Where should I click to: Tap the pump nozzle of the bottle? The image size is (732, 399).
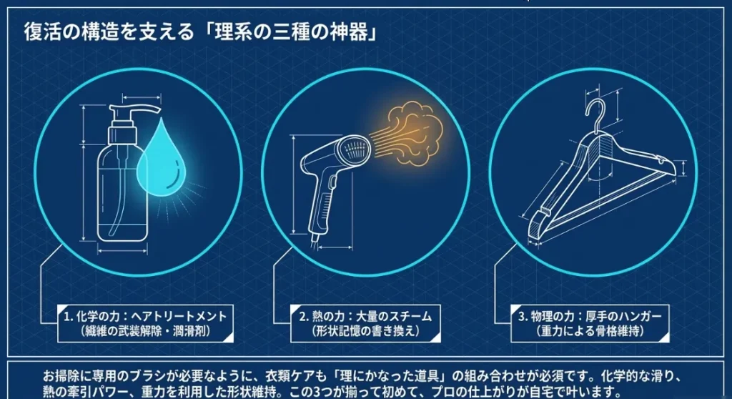[x=134, y=113]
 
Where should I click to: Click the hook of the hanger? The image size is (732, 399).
[x=595, y=115]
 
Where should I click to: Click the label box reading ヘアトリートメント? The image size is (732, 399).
[x=145, y=324]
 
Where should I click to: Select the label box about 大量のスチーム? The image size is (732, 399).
[x=365, y=324]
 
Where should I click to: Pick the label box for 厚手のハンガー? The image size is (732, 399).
[x=590, y=324]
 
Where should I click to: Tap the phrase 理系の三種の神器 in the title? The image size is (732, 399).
[x=290, y=32]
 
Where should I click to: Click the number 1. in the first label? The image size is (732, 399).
[x=69, y=317]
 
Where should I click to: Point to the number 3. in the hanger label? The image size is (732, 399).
[x=523, y=317]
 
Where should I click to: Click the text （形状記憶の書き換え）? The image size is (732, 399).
[x=365, y=331]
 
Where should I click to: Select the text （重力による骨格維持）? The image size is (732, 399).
[x=590, y=331]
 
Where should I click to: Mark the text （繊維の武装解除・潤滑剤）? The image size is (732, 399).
[x=145, y=331]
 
